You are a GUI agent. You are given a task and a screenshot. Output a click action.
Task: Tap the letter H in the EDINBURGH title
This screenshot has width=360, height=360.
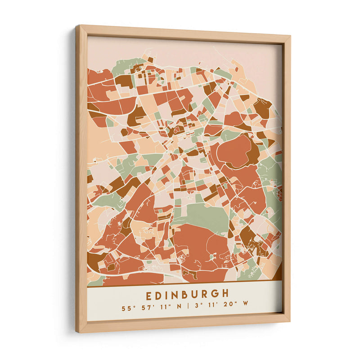[225, 293]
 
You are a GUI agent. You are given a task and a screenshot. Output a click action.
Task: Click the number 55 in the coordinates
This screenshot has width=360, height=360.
[126, 309]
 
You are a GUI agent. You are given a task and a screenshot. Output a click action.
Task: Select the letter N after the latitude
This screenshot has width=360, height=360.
[179, 307]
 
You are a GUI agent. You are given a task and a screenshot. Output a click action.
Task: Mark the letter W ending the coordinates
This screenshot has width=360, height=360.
[245, 304]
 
